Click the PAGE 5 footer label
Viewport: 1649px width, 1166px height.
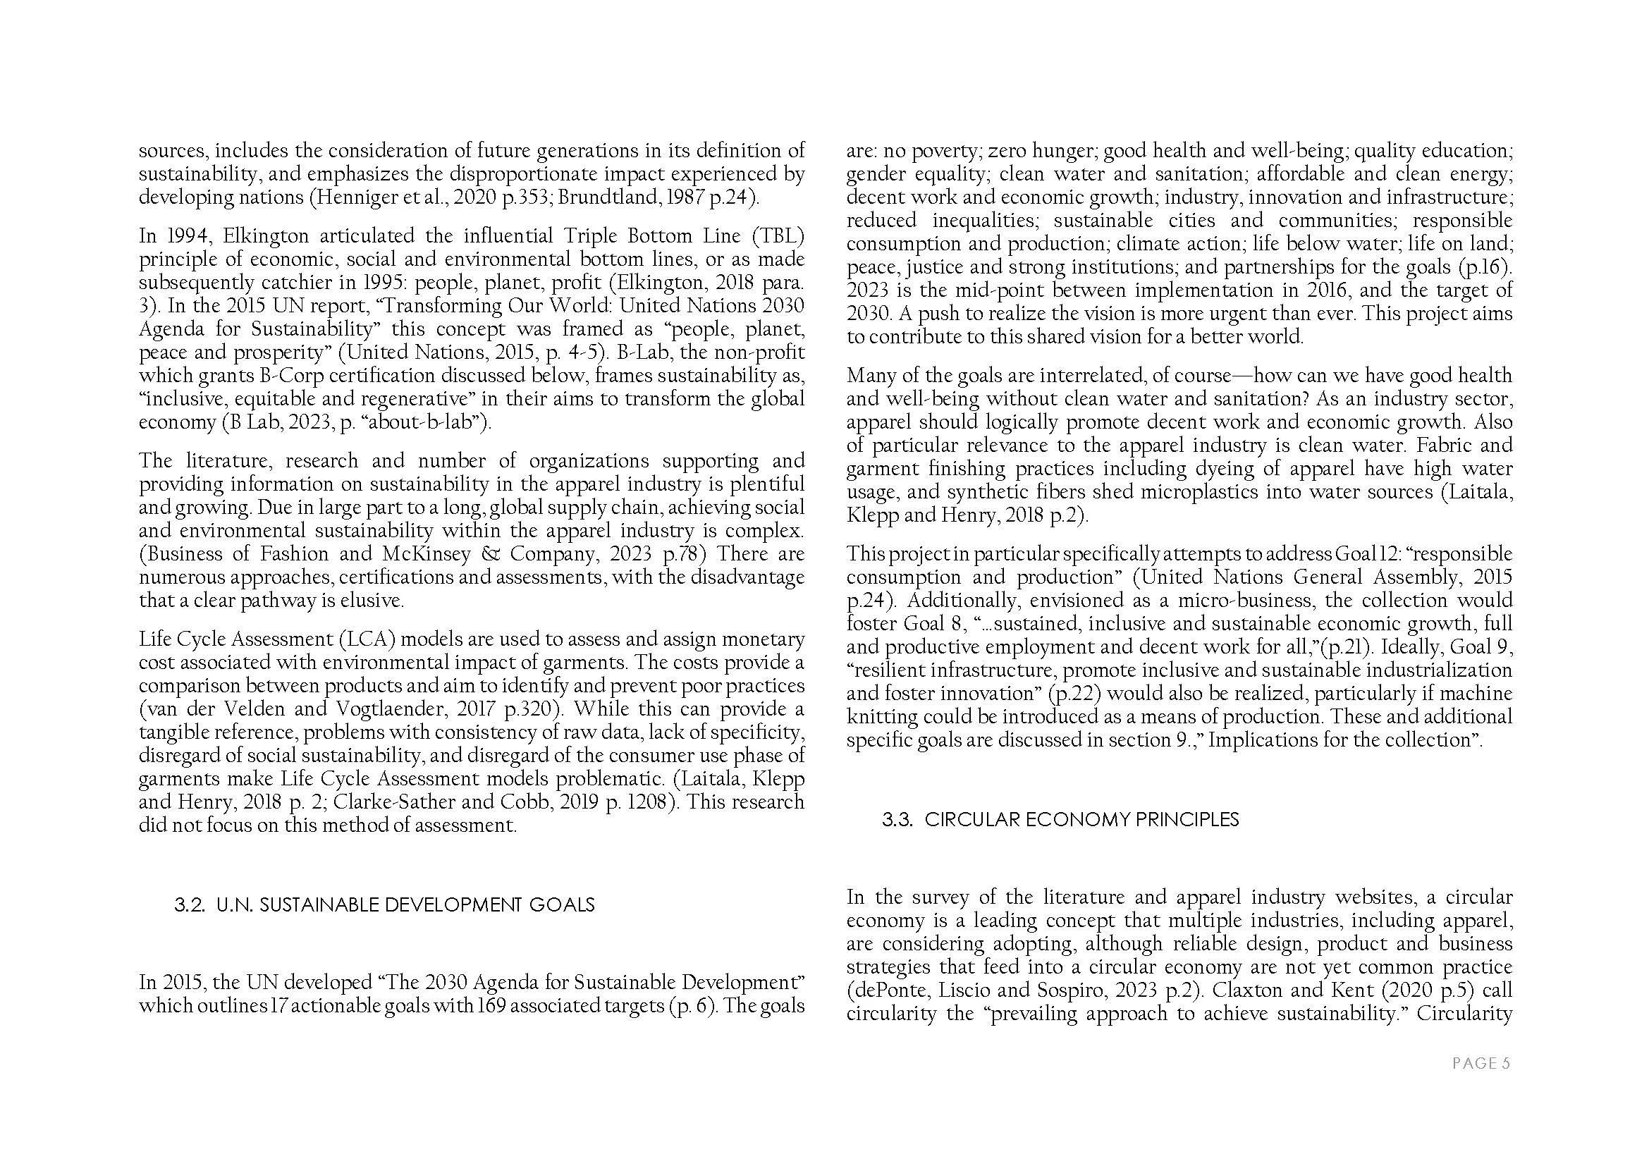point(1481,1063)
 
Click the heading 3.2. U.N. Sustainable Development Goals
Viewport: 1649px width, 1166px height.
point(384,904)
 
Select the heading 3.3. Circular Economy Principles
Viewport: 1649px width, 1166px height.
point(1061,820)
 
